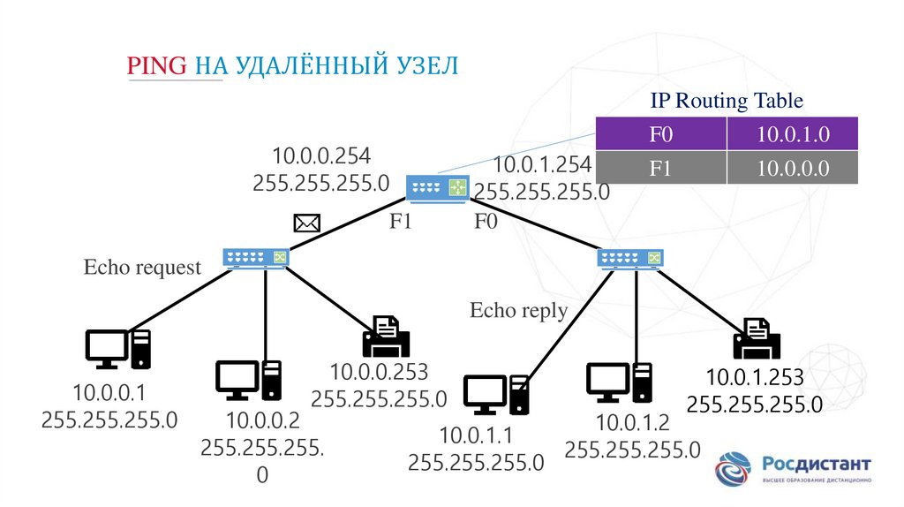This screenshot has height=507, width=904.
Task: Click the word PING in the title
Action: click(x=157, y=65)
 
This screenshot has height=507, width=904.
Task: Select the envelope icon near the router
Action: click(x=306, y=223)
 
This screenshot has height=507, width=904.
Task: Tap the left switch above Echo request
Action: click(x=256, y=256)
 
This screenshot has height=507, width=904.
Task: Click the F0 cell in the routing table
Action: click(x=661, y=135)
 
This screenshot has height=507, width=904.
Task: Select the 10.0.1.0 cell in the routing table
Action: click(x=793, y=135)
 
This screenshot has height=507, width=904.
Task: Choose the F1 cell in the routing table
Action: click(x=661, y=168)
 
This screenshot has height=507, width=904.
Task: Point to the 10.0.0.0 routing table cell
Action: click(x=793, y=168)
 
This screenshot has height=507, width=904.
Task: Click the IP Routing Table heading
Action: click(x=727, y=101)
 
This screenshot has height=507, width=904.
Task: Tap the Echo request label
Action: click(x=143, y=267)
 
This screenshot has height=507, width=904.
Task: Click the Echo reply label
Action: click(x=518, y=310)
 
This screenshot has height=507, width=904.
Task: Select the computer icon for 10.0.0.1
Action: click(x=117, y=349)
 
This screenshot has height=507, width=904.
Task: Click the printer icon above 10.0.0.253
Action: click(x=385, y=338)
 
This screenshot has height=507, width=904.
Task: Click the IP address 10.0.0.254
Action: click(x=321, y=156)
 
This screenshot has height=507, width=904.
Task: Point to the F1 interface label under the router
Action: click(x=402, y=222)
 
